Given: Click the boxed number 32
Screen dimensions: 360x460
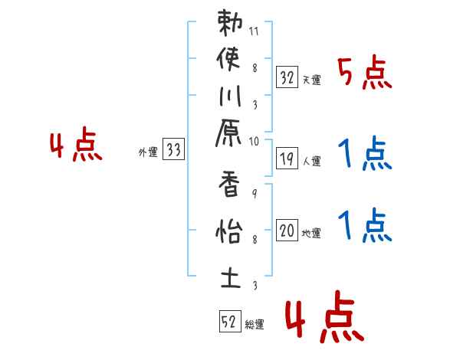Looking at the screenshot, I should pyautogui.click(x=287, y=77).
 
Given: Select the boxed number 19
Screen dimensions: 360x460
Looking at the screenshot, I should pyautogui.click(x=287, y=159).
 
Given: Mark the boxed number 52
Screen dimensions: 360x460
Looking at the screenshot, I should pyautogui.click(x=229, y=322).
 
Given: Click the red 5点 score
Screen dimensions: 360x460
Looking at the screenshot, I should pyautogui.click(x=365, y=74).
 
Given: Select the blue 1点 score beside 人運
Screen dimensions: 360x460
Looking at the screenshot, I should pyautogui.click(x=365, y=155).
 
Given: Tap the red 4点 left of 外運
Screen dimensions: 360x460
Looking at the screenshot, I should pyautogui.click(x=76, y=146).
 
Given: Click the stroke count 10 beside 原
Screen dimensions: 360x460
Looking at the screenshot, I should pyautogui.click(x=255, y=140).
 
